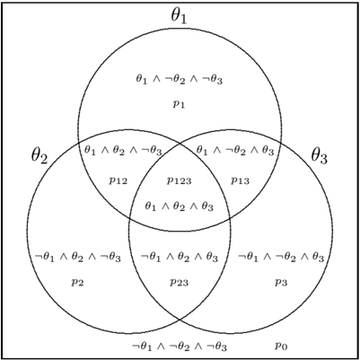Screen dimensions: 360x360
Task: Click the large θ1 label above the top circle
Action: click(179, 17)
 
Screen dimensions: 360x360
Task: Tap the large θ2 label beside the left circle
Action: click(40, 156)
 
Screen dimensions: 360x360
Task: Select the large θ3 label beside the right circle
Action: click(320, 156)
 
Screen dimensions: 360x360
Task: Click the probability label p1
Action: click(179, 104)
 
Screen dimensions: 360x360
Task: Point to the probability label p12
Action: click(118, 180)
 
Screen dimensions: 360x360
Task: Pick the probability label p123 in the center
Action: click(179, 180)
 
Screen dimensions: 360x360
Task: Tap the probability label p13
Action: click(240, 180)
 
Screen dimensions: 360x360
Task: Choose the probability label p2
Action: click(77, 283)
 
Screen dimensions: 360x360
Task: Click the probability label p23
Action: click(180, 283)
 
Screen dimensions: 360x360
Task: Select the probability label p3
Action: click(281, 283)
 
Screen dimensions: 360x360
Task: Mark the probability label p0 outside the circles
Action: click(281, 347)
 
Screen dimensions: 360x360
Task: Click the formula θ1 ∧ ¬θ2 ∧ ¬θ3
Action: click(179, 80)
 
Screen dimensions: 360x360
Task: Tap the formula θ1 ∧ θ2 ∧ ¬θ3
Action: click(123, 151)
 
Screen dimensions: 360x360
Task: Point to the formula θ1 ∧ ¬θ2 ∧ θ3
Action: click(235, 151)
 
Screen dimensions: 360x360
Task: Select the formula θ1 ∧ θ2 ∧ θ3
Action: click(179, 206)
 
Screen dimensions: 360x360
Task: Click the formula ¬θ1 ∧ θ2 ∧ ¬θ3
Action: click(77, 258)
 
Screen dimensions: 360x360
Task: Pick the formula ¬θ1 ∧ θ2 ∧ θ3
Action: click(180, 258)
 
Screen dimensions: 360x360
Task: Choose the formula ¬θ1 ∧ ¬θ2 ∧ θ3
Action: click(281, 258)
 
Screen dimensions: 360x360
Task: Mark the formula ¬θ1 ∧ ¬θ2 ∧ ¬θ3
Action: click(180, 347)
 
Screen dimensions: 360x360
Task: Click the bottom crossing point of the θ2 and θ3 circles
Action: click(180, 320)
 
